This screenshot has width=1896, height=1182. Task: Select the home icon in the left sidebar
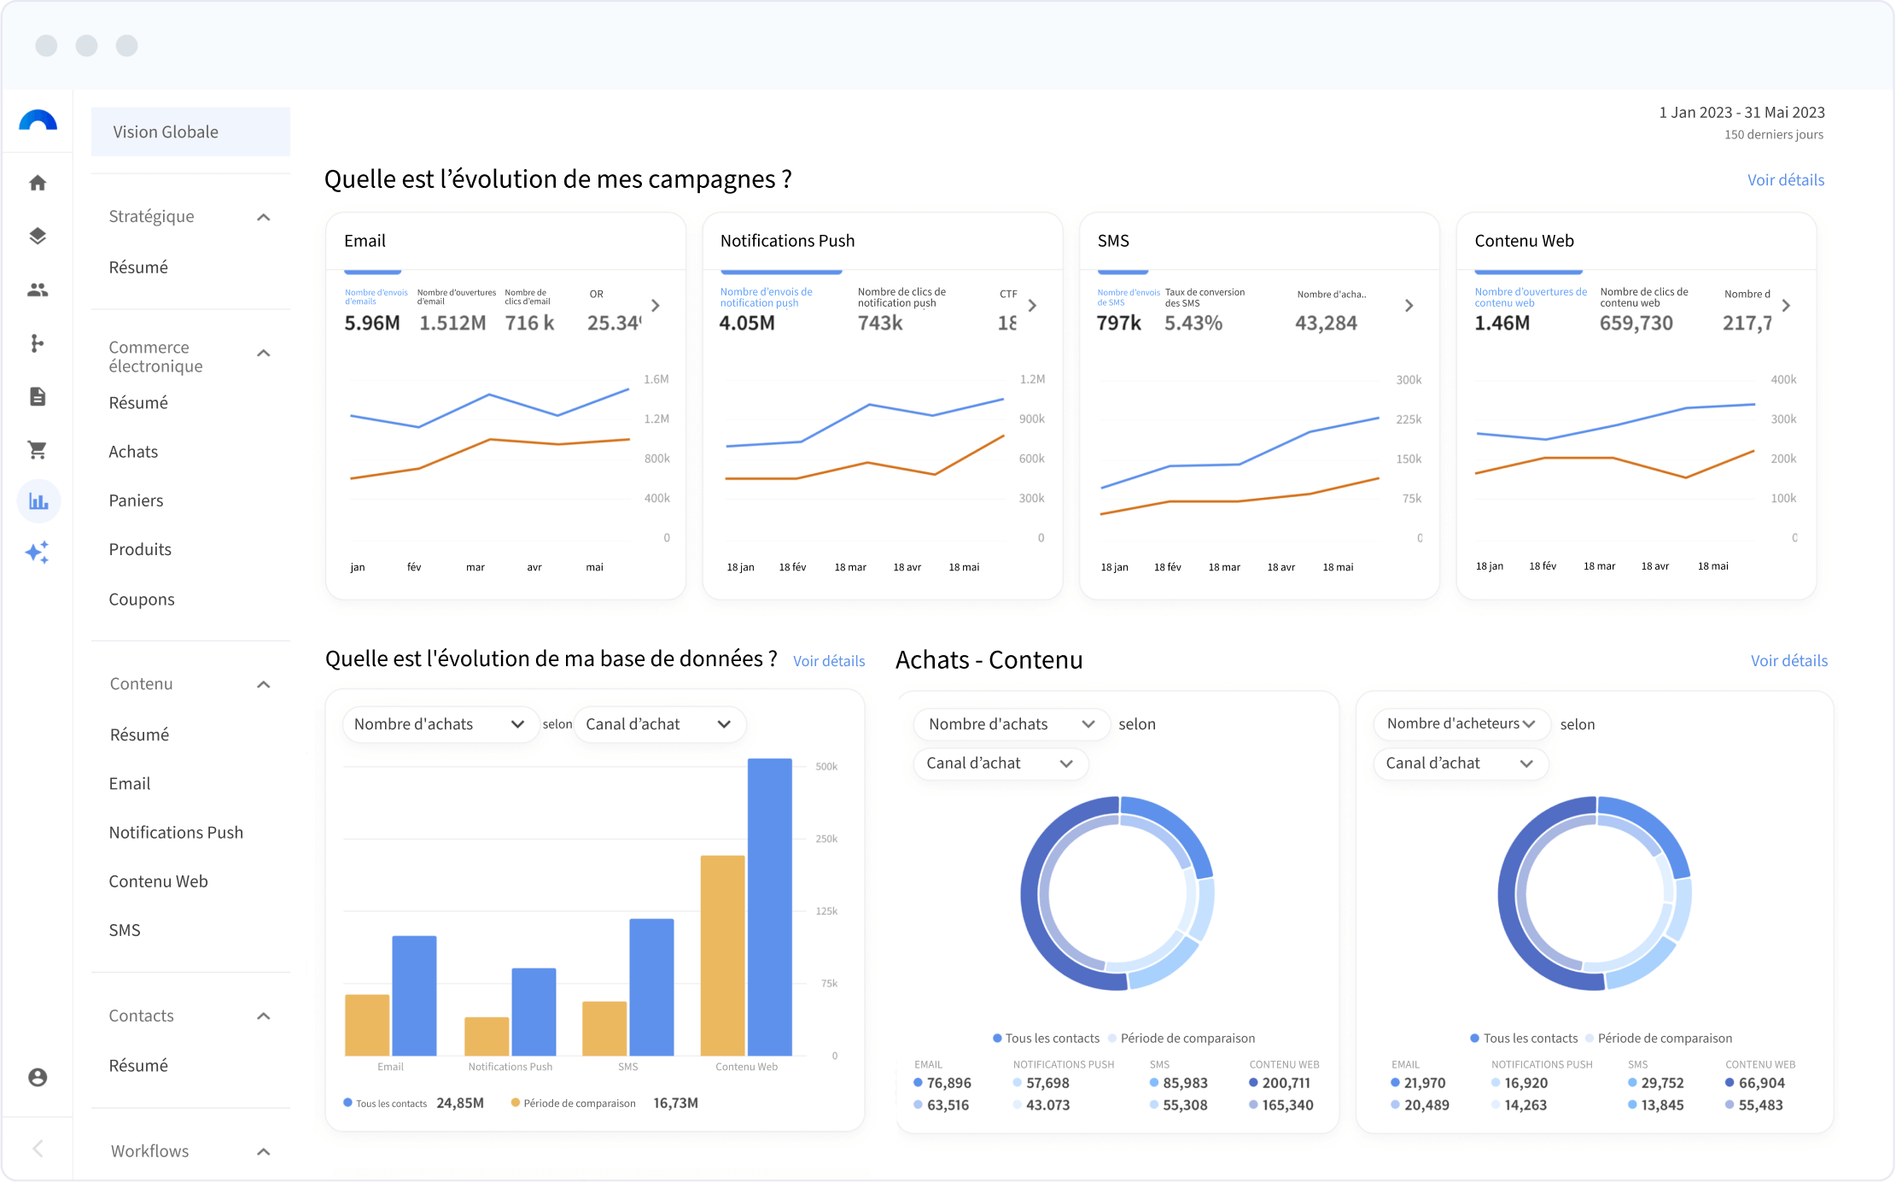click(38, 183)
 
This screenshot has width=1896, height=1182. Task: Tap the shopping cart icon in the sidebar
click(38, 449)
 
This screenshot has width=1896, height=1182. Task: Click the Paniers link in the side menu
click(136, 500)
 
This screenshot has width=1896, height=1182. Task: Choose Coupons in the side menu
click(142, 600)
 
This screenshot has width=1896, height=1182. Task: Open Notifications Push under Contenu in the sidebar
click(176, 833)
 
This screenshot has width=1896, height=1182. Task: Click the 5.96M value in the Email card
click(372, 323)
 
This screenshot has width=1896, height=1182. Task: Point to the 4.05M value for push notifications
click(747, 323)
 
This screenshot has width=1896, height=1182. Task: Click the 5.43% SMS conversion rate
click(1193, 323)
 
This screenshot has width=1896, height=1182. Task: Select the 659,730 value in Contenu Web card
click(1636, 323)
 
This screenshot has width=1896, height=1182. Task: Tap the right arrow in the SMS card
click(1409, 306)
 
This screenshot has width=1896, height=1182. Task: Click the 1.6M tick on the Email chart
click(656, 379)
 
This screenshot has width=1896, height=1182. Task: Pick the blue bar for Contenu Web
click(769, 906)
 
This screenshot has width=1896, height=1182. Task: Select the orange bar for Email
click(367, 1025)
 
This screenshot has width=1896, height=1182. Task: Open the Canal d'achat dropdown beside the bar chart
click(658, 724)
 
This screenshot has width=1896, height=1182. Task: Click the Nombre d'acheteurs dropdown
click(1460, 723)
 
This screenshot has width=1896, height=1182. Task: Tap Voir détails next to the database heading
click(829, 660)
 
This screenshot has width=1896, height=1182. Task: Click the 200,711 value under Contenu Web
click(1286, 1083)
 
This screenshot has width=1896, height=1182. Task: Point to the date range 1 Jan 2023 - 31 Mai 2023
click(1741, 112)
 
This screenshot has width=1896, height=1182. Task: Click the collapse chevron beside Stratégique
click(264, 217)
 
